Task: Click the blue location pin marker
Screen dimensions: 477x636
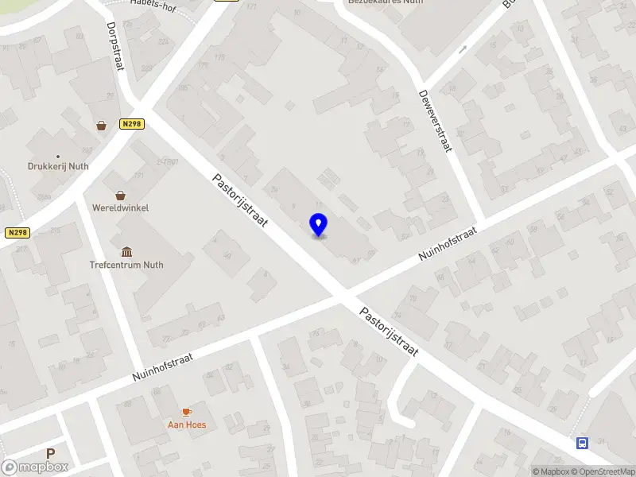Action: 319,225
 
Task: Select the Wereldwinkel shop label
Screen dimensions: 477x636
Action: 120,207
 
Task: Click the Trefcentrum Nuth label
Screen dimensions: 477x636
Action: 126,265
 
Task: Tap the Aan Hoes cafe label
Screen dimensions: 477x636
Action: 187,425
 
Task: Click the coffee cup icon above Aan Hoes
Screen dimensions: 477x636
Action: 187,411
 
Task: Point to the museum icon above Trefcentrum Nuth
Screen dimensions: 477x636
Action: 126,251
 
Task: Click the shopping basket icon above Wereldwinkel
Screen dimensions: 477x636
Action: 120,195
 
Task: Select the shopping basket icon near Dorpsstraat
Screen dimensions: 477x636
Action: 102,125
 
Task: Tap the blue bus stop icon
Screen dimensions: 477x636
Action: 583,443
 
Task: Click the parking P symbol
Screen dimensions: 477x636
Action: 51,454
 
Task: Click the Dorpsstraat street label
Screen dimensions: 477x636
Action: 116,46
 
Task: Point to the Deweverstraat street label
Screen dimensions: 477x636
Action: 434,119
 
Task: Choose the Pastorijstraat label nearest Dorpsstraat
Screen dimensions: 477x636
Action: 240,200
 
